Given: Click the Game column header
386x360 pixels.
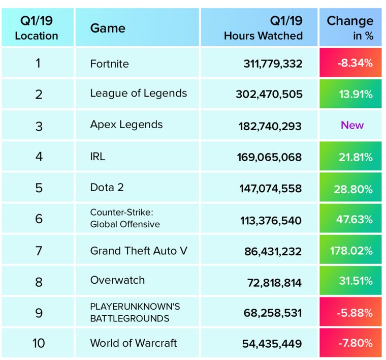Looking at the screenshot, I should tap(108, 28).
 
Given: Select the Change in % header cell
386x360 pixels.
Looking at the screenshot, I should tap(350, 27).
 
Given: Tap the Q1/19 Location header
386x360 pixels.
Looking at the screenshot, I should tap(37, 28).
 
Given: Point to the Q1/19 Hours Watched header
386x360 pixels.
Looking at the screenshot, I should tap(263, 28).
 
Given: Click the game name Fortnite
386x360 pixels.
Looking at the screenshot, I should tap(109, 64).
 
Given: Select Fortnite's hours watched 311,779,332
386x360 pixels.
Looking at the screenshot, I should tap(273, 64).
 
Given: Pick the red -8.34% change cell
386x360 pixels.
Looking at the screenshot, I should tap(350, 63).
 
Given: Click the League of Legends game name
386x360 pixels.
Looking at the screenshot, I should tap(138, 93).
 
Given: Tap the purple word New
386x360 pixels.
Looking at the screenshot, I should tap(352, 125).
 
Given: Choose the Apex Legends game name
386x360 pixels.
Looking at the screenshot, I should tap(126, 125).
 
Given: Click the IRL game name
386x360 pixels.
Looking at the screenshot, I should tap(98, 156).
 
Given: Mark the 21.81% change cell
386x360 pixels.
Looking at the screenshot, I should tap(350, 157).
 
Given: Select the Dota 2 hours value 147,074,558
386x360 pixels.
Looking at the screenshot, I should tap(270, 189).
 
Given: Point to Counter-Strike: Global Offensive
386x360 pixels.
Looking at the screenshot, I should tap(125, 218).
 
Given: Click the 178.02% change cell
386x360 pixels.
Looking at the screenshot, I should tap(350, 251).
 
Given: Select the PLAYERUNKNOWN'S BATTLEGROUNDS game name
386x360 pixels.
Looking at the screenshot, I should tap(135, 313).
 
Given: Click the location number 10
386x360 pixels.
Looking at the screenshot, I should tap(39, 343).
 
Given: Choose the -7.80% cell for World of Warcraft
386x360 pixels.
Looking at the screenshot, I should tap(350, 343).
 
